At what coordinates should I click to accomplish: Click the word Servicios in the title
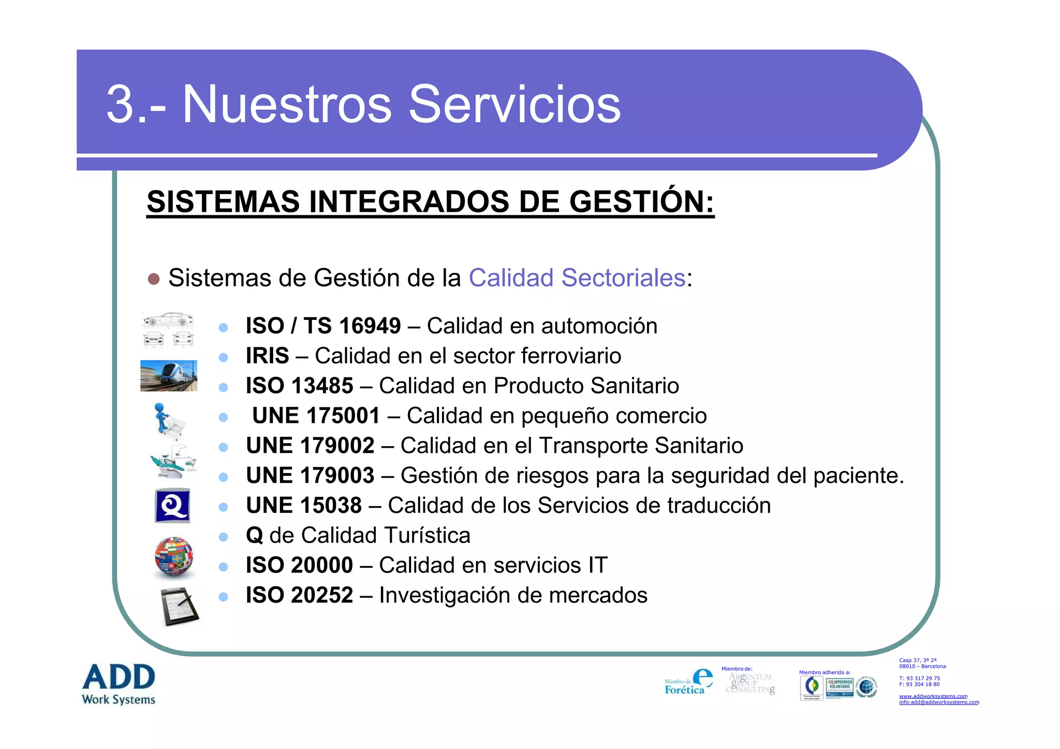click(514, 105)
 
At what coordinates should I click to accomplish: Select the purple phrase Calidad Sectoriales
click(577, 278)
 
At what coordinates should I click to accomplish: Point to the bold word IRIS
click(267, 356)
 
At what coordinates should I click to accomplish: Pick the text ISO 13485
click(299, 386)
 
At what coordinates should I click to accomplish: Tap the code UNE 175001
click(316, 416)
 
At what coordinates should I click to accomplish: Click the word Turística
click(420, 536)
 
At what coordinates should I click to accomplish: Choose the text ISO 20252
click(299, 595)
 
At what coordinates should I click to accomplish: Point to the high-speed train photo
click(169, 375)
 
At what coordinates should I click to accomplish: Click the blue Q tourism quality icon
click(172, 506)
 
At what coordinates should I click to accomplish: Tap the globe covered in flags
click(174, 556)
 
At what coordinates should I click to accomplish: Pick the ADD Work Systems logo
click(119, 684)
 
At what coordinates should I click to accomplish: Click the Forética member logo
click(688, 682)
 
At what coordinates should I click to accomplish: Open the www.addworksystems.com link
click(933, 696)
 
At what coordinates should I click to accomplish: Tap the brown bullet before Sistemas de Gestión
click(153, 279)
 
